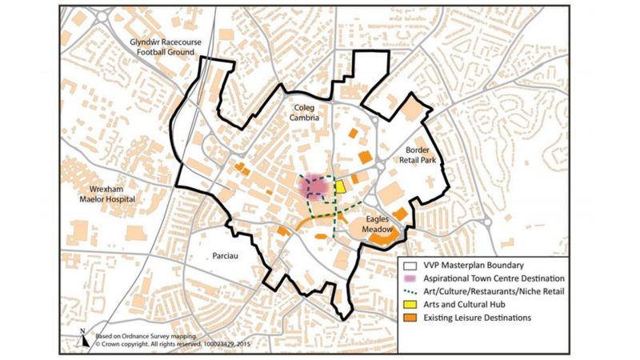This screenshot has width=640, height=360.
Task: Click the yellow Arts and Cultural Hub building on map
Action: tap(340, 186)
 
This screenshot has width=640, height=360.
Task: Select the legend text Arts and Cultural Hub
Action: tap(464, 306)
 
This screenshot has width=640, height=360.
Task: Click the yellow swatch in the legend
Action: tap(410, 306)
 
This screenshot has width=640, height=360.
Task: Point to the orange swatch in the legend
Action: tap(410, 319)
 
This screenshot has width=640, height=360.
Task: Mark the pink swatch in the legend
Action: tap(410, 278)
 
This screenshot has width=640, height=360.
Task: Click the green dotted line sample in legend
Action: tap(410, 292)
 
